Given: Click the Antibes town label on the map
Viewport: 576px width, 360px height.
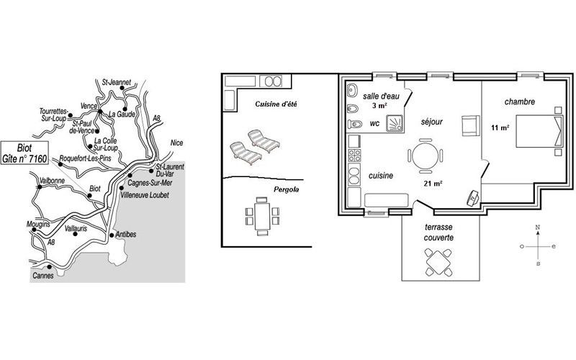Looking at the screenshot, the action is (x=125, y=234).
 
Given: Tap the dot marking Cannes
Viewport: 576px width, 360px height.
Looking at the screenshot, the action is (x=49, y=266).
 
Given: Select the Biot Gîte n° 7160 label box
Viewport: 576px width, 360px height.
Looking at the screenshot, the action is (x=24, y=153).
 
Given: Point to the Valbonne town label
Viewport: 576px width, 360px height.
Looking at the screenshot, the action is (x=52, y=181).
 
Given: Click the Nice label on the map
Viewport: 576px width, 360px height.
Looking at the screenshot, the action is (x=176, y=143).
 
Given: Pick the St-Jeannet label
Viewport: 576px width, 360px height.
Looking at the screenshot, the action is (x=117, y=82).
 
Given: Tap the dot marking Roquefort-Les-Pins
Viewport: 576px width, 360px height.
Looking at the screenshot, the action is (x=60, y=164).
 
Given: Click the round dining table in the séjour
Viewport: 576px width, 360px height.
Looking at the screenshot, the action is (x=425, y=156).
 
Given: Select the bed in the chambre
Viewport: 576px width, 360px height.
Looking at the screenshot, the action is (x=539, y=131).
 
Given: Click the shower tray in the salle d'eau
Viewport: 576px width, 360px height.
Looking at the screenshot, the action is (x=395, y=123).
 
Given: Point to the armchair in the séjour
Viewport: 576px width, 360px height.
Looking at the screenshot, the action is (x=471, y=125).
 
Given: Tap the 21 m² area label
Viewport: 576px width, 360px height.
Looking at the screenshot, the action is (x=433, y=183).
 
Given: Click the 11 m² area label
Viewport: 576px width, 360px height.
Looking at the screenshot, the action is (x=500, y=128).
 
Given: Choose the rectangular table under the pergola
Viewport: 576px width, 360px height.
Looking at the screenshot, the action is (x=262, y=217).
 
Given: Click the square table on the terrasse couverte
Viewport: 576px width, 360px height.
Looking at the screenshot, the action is (x=438, y=262).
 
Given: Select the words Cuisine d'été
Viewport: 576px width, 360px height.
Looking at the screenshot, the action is (x=276, y=104).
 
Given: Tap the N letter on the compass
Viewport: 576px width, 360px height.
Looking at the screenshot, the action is (x=538, y=228).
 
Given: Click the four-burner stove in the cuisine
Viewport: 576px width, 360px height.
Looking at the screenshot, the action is (x=354, y=156).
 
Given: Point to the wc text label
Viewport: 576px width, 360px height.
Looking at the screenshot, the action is (x=374, y=124).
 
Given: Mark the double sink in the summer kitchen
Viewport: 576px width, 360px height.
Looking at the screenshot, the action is (x=271, y=81).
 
